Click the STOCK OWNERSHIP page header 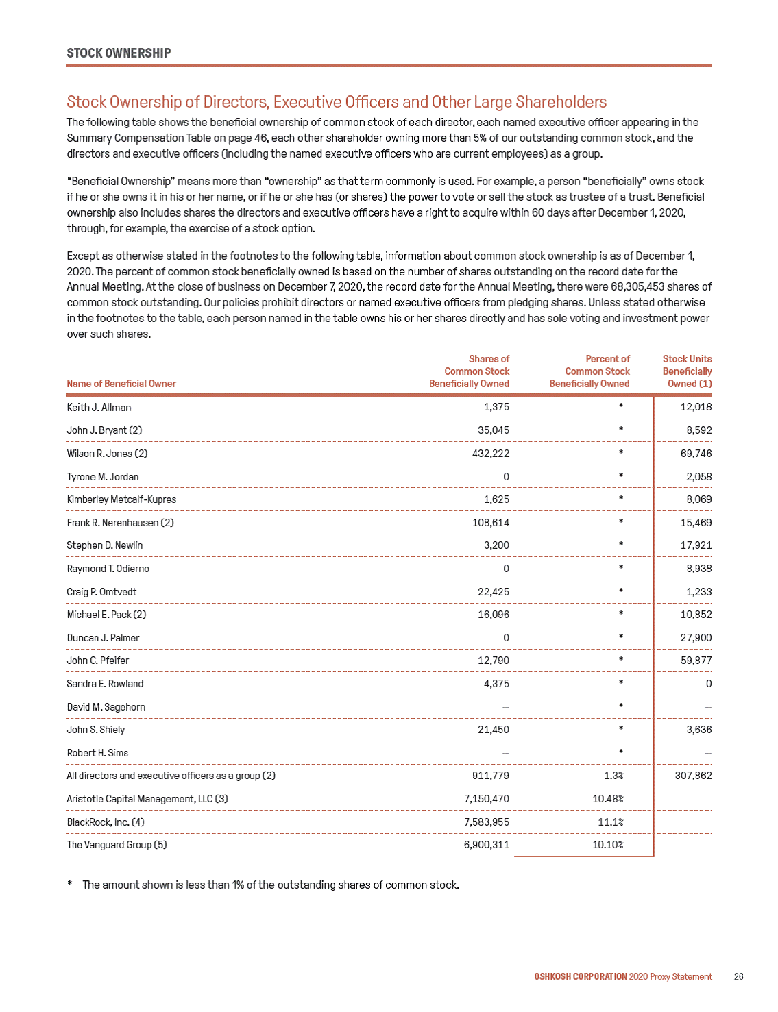(119, 53)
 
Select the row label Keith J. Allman (99, 407)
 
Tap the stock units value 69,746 (696, 453)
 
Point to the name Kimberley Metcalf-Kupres (121, 499)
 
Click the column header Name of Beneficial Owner (121, 384)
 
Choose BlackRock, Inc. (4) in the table (106, 822)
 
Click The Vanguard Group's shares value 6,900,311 (487, 845)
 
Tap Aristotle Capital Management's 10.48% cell (608, 799)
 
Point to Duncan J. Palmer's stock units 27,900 (696, 637)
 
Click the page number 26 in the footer (738, 976)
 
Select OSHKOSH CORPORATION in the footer (581, 976)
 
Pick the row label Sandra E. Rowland (105, 683)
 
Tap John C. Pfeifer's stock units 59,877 (696, 661)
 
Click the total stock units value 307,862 (693, 776)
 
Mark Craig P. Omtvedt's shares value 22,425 (494, 591)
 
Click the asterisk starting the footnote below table (70, 884)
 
